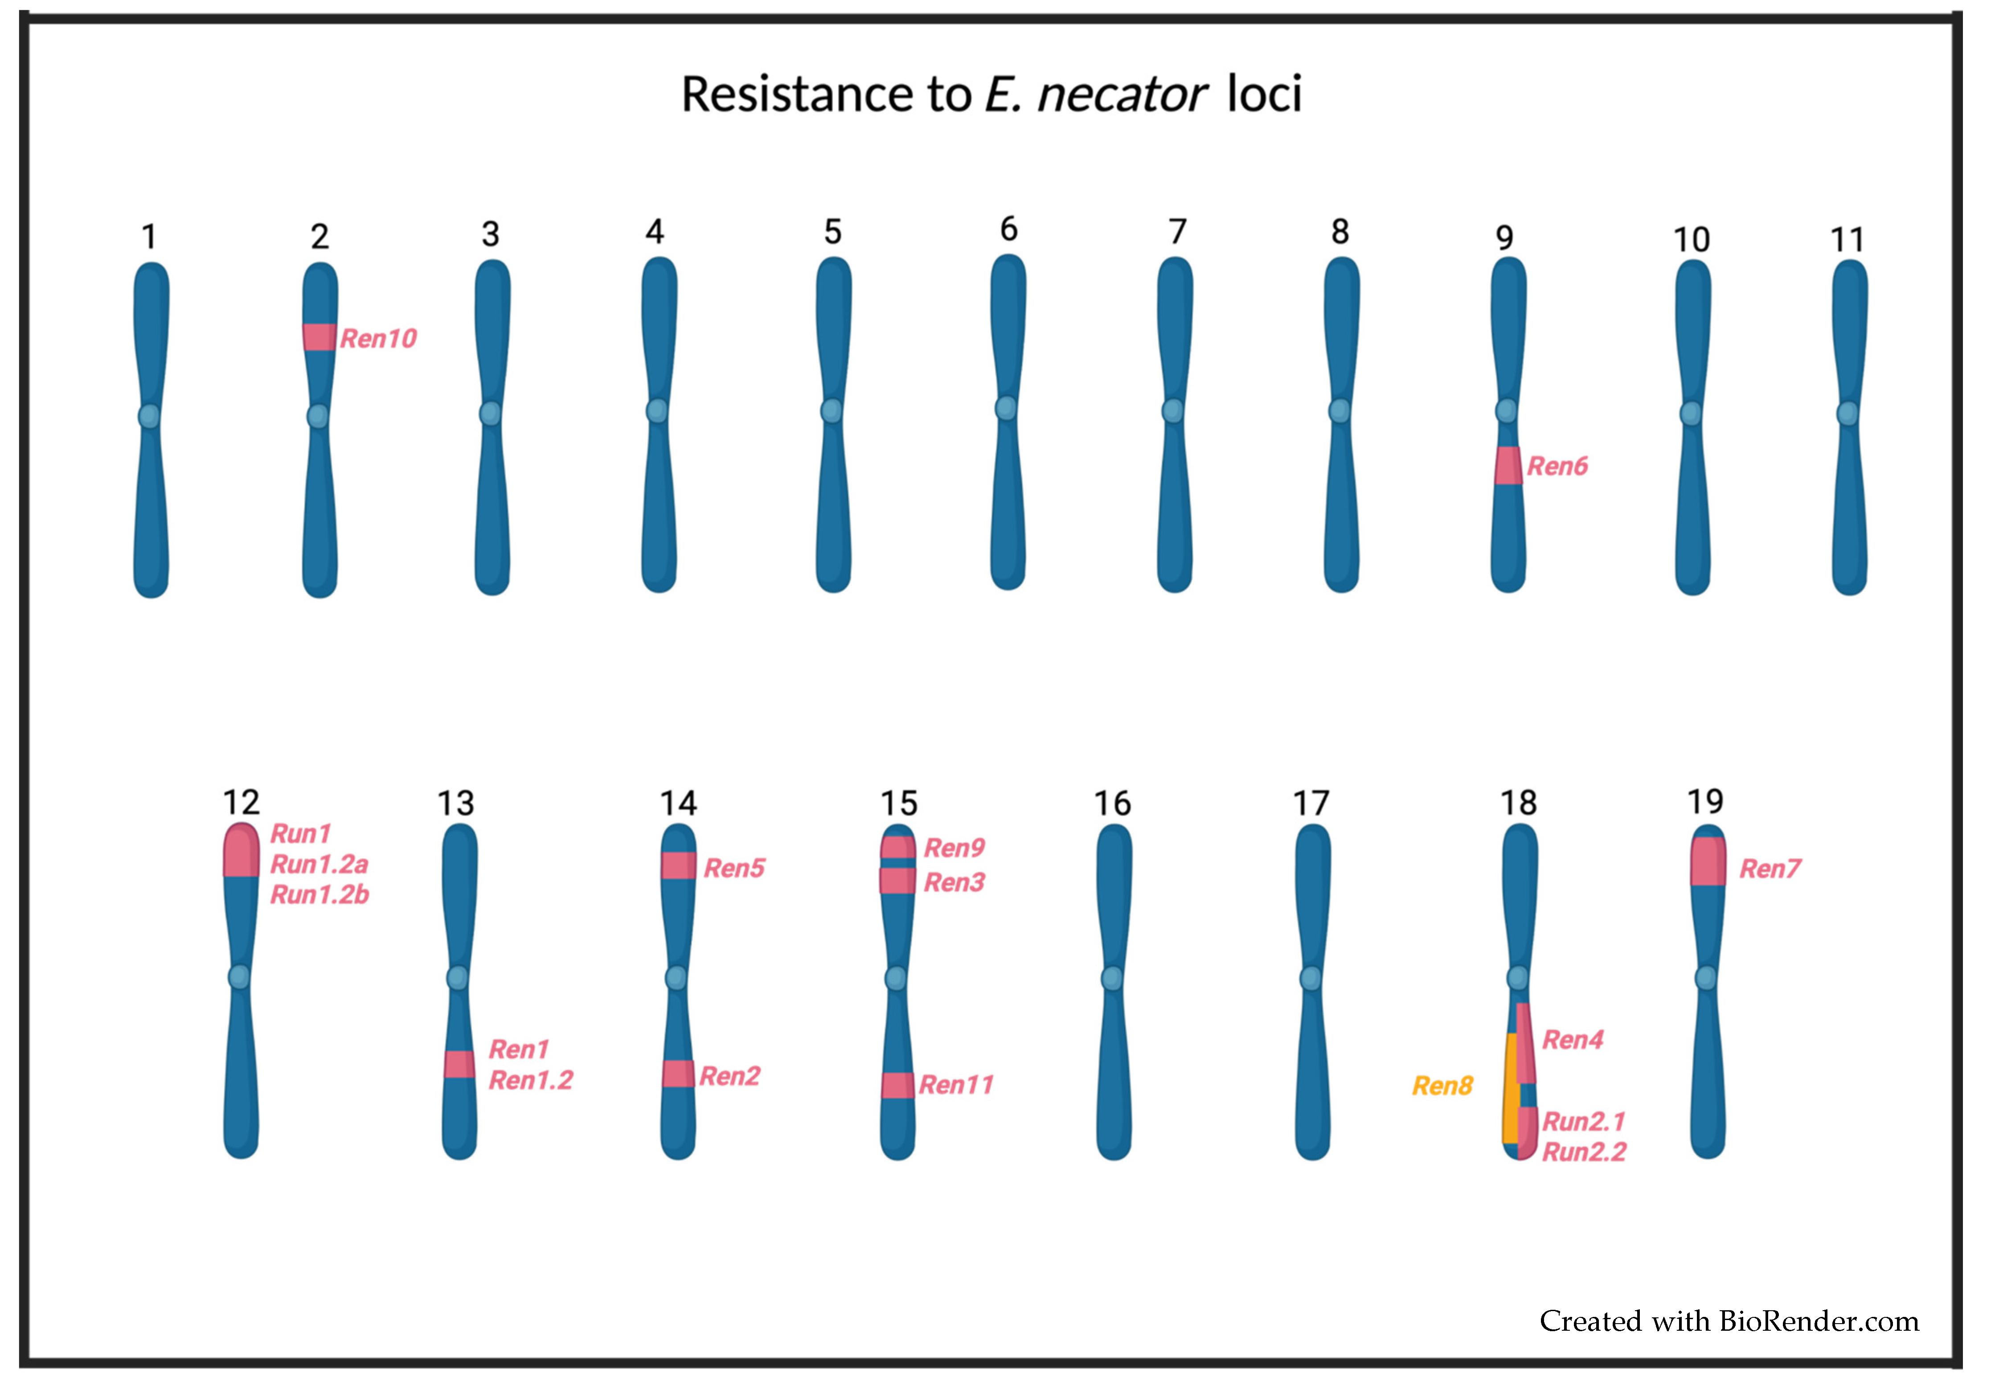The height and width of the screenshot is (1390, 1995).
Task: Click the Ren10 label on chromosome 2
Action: click(x=378, y=339)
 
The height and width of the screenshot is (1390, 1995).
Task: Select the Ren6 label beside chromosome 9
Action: click(x=1557, y=467)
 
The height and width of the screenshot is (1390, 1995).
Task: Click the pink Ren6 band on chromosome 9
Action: click(x=1508, y=466)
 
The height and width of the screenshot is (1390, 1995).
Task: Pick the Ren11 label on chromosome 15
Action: click(x=956, y=1085)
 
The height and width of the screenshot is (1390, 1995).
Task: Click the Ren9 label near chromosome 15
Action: click(x=954, y=848)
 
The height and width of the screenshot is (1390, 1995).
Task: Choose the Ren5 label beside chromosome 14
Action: click(x=734, y=868)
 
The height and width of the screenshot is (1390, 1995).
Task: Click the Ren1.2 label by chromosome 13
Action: click(x=531, y=1081)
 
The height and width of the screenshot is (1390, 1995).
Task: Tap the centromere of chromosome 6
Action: click(x=1006, y=407)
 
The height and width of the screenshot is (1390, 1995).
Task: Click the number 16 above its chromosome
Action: click(x=1112, y=804)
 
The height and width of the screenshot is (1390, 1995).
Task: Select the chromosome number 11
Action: click(x=1848, y=240)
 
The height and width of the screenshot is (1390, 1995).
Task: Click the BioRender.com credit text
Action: click(x=1729, y=1321)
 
